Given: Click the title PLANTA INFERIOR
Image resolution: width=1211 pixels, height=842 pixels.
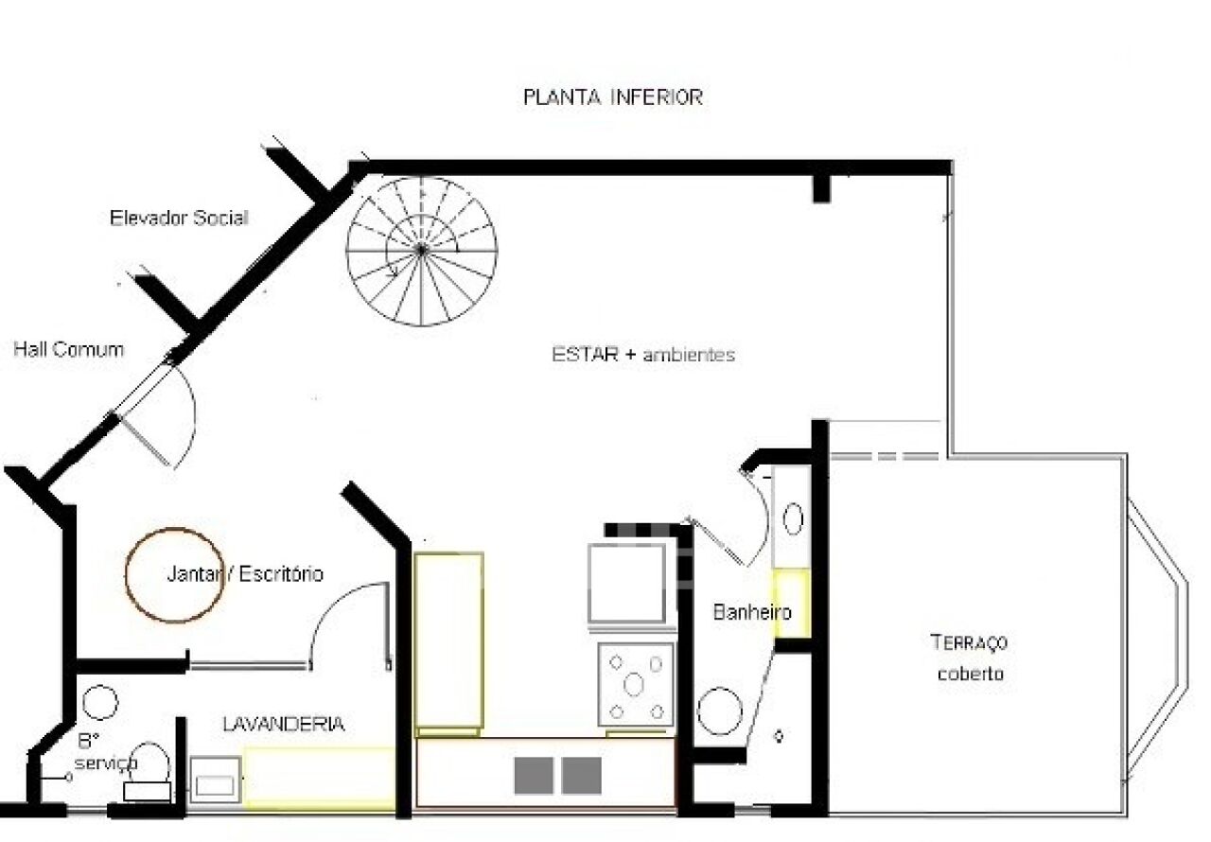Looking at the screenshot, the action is tap(613, 97).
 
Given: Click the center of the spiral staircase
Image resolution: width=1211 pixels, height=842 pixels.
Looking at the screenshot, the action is tap(421, 250).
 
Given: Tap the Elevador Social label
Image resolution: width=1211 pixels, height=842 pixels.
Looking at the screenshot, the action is tap(179, 218).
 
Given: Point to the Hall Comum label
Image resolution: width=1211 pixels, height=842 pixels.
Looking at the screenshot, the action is tap(69, 350).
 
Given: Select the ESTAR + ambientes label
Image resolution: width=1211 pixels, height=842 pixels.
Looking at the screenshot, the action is tap(643, 355).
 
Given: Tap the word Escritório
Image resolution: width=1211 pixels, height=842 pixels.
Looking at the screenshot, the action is tap(281, 574).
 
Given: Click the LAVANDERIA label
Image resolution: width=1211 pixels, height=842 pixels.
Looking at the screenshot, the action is tap(284, 724).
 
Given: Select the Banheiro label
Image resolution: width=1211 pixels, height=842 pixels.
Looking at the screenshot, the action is tap(752, 612).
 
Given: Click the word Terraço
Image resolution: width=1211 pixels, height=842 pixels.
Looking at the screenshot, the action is tap(969, 642).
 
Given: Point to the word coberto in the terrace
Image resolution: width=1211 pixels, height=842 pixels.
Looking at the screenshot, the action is tap(971, 674).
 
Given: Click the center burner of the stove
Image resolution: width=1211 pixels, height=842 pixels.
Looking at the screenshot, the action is tap(633, 685).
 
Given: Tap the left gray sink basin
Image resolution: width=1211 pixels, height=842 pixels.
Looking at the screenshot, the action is tap(534, 776).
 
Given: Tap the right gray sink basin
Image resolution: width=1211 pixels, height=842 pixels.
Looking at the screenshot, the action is tap(582, 776).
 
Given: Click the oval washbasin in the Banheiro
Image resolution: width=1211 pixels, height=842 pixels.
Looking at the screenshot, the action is tap(793, 518).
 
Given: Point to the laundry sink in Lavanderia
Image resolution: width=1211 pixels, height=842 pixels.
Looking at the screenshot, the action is tap(215, 781).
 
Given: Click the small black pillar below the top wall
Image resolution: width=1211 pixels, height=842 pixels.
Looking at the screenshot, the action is tap(821, 189).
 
